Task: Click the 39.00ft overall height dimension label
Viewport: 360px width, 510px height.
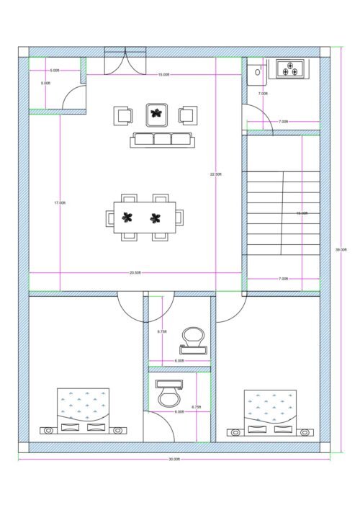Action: tap(341, 250)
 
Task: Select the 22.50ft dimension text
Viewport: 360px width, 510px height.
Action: tap(216, 174)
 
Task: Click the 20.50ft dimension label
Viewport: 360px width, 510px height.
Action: tap(135, 273)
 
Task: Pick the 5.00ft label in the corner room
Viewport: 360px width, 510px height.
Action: tap(55, 70)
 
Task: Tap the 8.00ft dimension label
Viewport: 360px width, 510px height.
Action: tap(46, 84)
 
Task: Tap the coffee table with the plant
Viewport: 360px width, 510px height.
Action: tap(156, 113)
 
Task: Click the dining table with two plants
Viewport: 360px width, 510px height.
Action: tap(148, 217)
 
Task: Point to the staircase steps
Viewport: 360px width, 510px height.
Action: tap(274, 213)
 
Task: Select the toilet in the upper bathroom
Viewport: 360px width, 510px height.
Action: tap(194, 339)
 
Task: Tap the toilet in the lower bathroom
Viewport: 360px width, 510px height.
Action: tap(168, 394)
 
